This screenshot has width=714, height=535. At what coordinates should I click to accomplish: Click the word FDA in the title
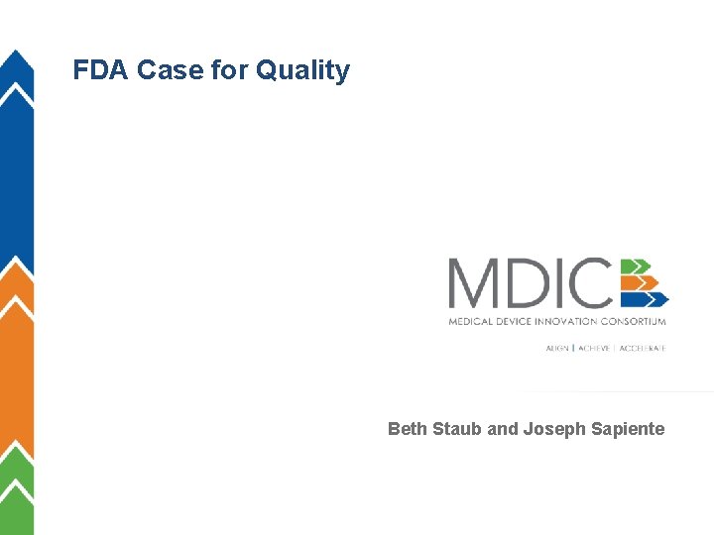tap(101, 70)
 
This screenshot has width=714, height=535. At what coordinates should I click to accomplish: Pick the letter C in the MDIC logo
tap(591, 282)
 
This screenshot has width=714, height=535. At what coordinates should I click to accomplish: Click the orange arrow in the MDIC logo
tap(641, 282)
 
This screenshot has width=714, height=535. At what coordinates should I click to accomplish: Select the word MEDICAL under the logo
tap(470, 321)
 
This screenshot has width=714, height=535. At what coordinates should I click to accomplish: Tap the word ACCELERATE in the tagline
tap(643, 349)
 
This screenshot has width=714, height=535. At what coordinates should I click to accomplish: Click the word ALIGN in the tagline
tap(557, 349)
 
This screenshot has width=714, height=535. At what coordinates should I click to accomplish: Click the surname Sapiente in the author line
tap(626, 429)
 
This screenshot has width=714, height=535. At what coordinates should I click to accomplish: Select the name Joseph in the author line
tap(552, 429)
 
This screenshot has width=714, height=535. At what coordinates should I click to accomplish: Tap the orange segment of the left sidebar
tap(16, 367)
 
